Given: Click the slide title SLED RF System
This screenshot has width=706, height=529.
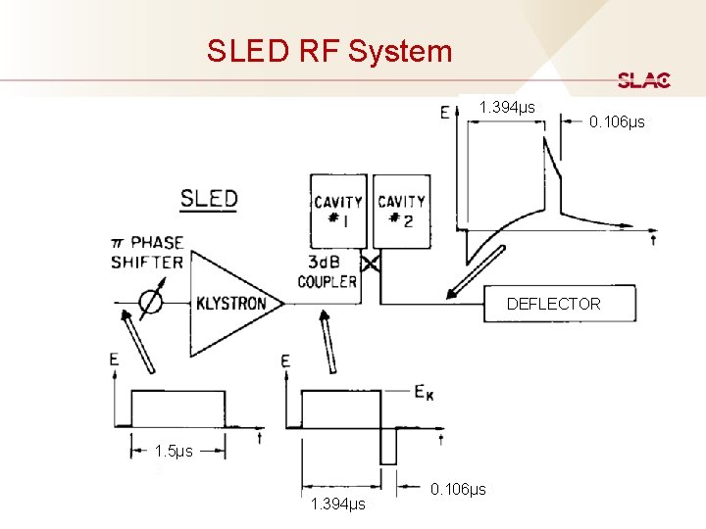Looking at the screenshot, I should pyautogui.click(x=329, y=51).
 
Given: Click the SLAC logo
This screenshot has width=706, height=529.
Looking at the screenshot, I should pyautogui.click(x=644, y=80).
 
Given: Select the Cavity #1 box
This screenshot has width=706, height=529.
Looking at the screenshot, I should pyautogui.click(x=338, y=211).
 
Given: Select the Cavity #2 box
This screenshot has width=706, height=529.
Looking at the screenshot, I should pyautogui.click(x=401, y=211).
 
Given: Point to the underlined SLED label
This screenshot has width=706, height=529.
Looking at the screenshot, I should pyautogui.click(x=209, y=199).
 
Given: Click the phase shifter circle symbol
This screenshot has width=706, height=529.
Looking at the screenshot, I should pyautogui.click(x=150, y=303).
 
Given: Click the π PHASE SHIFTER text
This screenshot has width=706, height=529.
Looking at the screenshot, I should pyautogui.click(x=147, y=252).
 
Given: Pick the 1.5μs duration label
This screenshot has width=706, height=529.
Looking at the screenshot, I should pyautogui.click(x=175, y=452).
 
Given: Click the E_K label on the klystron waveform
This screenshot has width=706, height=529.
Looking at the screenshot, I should pyautogui.click(x=425, y=393).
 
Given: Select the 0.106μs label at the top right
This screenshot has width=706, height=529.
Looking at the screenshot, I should pyautogui.click(x=617, y=122).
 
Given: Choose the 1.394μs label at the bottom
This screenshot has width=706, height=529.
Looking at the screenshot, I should pyautogui.click(x=337, y=505).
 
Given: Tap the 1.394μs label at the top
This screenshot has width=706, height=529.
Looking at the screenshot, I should pyautogui.click(x=507, y=107).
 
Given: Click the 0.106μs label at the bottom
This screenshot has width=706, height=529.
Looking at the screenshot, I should pyautogui.click(x=459, y=489).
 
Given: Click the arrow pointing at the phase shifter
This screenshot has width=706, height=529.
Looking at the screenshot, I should pyautogui.click(x=137, y=340).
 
